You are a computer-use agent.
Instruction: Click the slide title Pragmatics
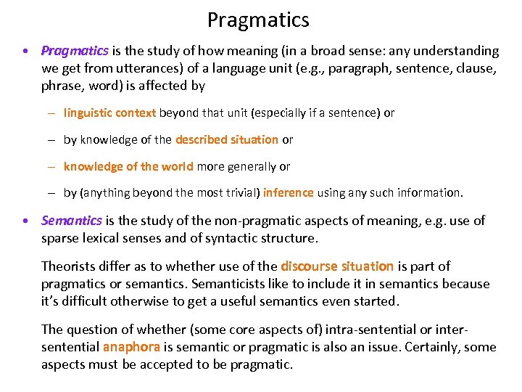coord(258,20)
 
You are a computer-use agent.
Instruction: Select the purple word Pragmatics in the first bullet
coord(75,51)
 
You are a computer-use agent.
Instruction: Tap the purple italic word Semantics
coord(72,220)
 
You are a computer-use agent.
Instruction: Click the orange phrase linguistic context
coord(109,113)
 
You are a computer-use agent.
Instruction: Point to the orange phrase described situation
coord(227,139)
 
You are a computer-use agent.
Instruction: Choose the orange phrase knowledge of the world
coord(128,166)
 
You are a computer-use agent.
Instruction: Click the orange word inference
coord(288,192)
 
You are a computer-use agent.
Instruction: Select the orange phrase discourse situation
coord(337,266)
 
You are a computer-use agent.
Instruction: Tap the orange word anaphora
coord(130,347)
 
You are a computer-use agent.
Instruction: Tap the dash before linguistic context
coord(54,113)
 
